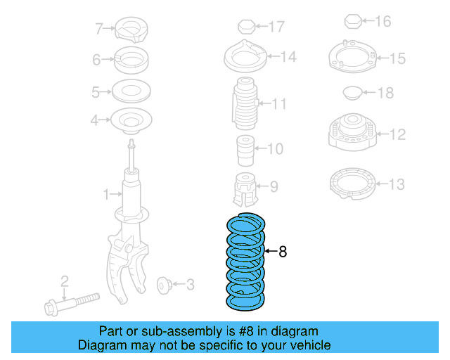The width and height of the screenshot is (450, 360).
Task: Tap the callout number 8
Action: (x=283, y=252)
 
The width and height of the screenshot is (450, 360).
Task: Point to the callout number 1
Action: (x=107, y=193)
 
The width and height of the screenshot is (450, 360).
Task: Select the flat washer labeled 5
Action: (x=131, y=91)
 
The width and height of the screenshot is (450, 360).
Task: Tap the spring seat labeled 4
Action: (x=130, y=121)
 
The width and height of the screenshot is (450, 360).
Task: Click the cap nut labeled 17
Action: (x=245, y=27)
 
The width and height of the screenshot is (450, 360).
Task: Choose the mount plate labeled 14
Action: (x=245, y=56)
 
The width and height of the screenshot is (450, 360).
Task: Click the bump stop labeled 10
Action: (x=243, y=148)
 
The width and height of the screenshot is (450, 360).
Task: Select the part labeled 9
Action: (x=244, y=186)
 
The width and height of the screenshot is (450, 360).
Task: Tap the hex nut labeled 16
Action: (x=352, y=21)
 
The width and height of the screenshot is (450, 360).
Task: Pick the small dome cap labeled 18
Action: (x=352, y=92)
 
